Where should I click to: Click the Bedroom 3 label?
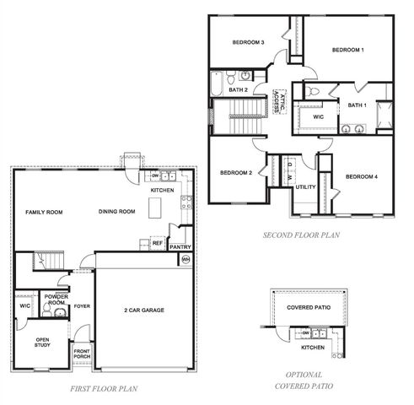(x=249, y=42)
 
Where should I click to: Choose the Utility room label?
(x=305, y=186)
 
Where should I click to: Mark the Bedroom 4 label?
(x=362, y=176)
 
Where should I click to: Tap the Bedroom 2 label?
(x=236, y=173)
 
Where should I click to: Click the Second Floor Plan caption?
(x=301, y=235)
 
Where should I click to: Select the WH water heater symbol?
(x=185, y=261)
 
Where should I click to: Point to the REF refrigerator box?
(x=157, y=243)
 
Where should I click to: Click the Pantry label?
(x=180, y=247)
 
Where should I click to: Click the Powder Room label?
(x=56, y=300)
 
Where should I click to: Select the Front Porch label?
(x=82, y=354)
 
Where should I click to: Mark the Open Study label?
(x=42, y=342)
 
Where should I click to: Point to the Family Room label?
(x=45, y=212)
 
